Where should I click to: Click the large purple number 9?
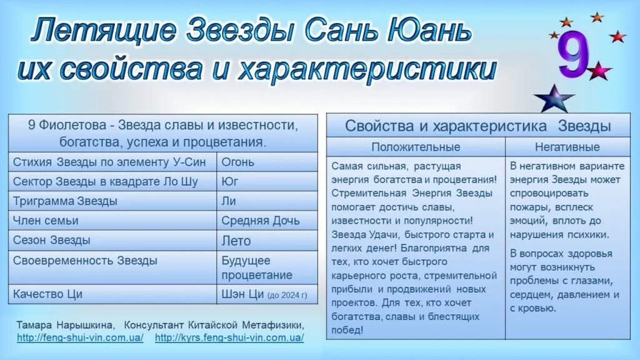pos(574,56)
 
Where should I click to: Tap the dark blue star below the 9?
pos(554,99)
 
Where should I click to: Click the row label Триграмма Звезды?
pos(65,201)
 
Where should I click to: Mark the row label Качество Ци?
pos(47,294)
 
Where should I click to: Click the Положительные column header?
pos(415,147)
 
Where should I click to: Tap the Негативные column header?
pos(567,147)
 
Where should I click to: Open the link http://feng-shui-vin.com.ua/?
pos(81,337)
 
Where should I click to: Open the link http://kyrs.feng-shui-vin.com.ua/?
pos(229,337)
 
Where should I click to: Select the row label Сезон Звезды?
pos(51,240)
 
